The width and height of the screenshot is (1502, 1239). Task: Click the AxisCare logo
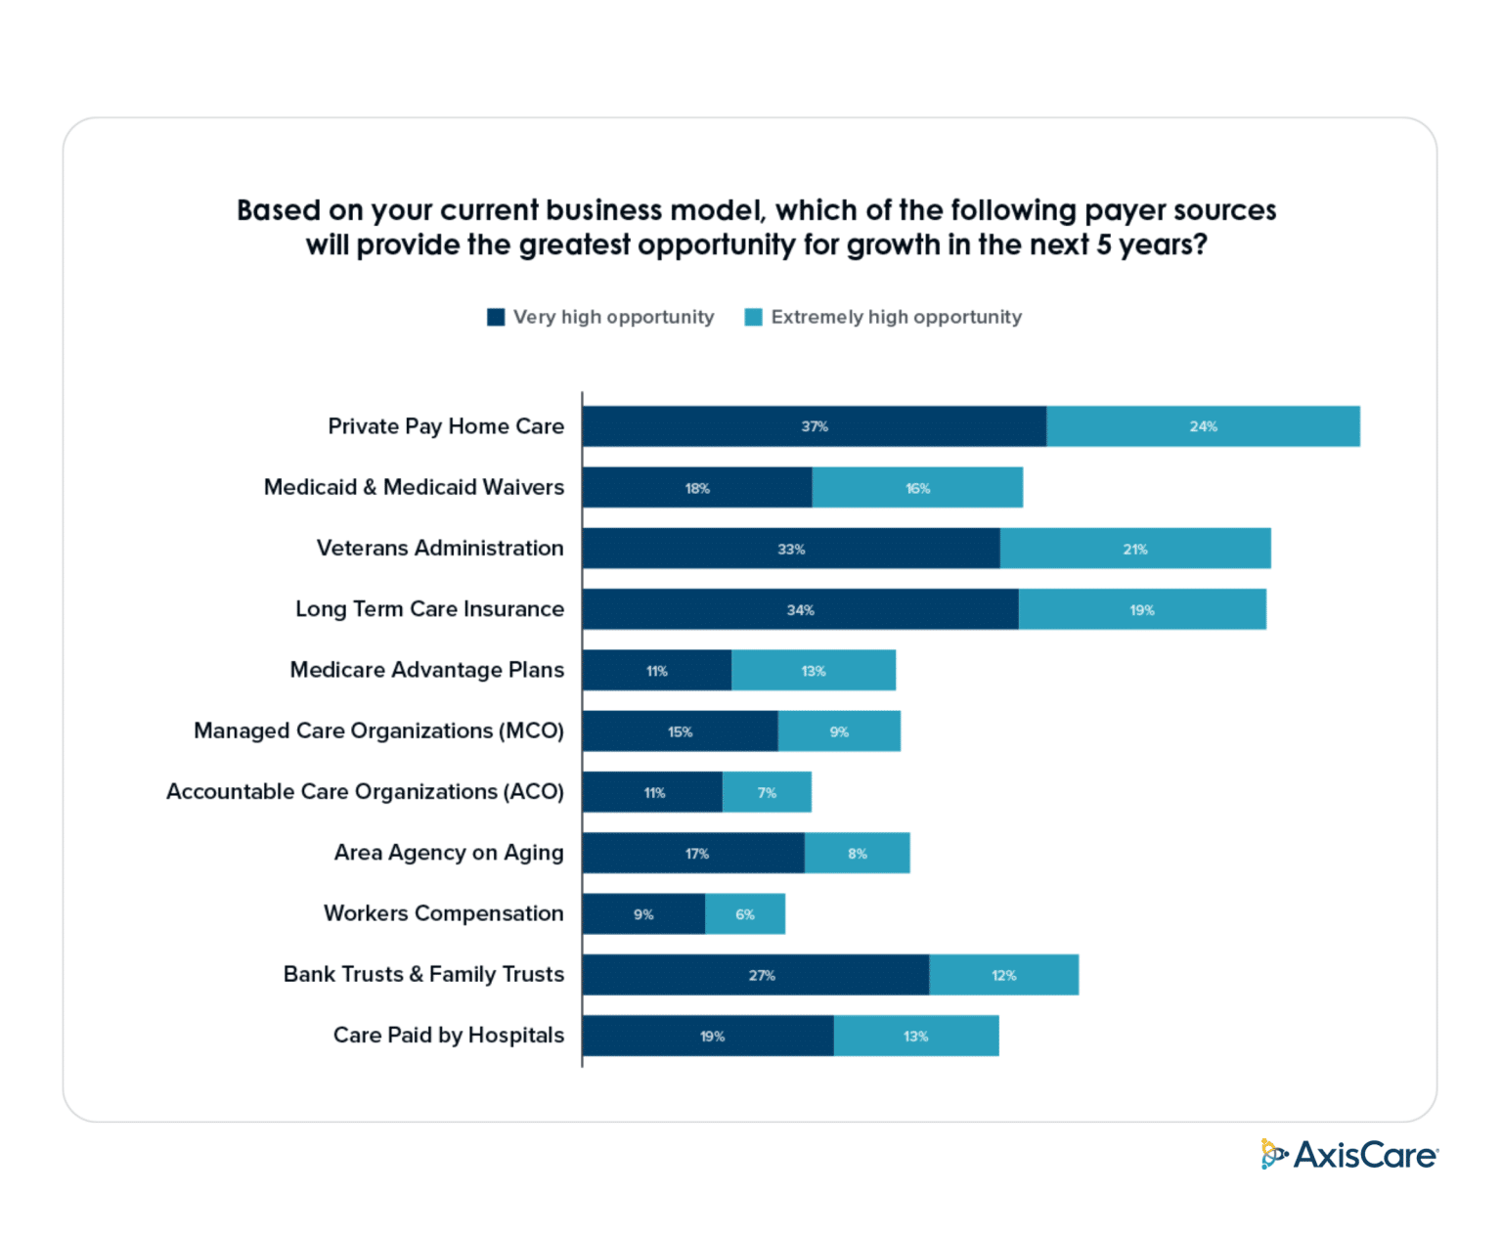click(x=1348, y=1155)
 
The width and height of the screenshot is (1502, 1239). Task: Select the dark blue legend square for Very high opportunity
click(x=496, y=317)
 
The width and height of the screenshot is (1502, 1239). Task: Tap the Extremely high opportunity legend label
click(x=896, y=317)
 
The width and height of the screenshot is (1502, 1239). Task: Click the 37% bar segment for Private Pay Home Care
click(x=814, y=426)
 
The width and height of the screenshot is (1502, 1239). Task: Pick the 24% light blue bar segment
click(x=1203, y=426)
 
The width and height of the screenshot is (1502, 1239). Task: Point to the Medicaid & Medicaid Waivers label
click(x=414, y=487)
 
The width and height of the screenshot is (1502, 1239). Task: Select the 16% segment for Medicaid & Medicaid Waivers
click(x=917, y=488)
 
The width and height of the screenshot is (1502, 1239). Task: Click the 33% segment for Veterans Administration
click(x=790, y=549)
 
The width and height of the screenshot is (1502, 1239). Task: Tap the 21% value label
click(x=1134, y=550)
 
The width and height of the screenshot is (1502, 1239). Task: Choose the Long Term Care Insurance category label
click(x=429, y=609)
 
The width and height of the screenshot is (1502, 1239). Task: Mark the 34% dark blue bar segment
click(x=800, y=610)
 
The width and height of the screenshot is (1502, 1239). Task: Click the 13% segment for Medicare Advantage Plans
click(x=814, y=671)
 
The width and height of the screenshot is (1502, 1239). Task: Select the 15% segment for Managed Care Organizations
click(x=680, y=731)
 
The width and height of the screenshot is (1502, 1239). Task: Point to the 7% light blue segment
click(x=767, y=792)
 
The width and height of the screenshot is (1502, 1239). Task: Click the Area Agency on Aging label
click(x=449, y=853)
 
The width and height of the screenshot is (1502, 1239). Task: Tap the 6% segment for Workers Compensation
click(x=745, y=914)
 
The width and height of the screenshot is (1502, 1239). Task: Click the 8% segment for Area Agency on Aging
click(x=858, y=854)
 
